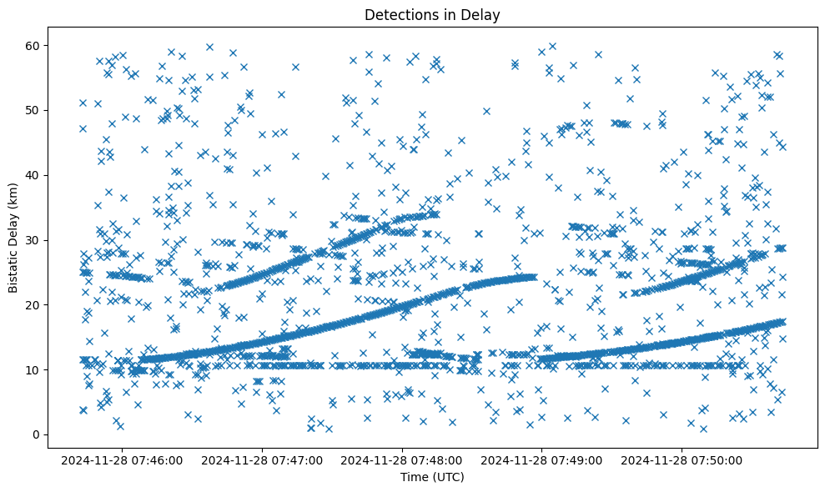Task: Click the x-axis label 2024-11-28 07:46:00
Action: (123, 459)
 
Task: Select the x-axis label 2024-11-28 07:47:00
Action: (263, 459)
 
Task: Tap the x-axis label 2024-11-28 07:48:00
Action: (403, 459)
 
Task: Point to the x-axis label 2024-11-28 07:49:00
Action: (543, 459)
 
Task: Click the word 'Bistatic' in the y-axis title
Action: (13, 271)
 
